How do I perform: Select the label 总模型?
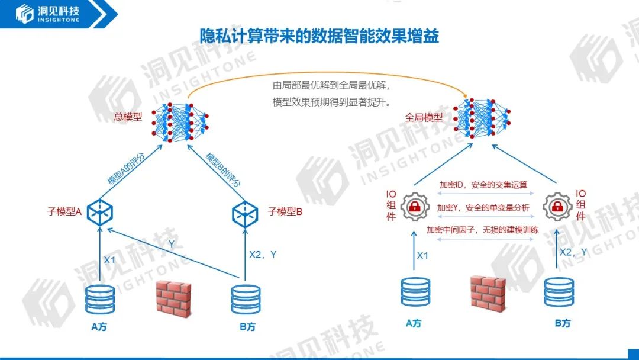click(128, 117)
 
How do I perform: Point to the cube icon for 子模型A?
click(100, 211)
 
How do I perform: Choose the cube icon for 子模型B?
click(244, 211)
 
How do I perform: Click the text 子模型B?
click(285, 211)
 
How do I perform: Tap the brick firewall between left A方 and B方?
click(173, 296)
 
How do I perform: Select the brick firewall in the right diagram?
click(488, 292)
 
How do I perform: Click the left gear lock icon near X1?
click(415, 207)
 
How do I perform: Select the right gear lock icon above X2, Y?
click(557, 207)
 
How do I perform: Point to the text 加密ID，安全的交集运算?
click(483, 185)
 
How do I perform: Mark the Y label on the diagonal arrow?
click(172, 243)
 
